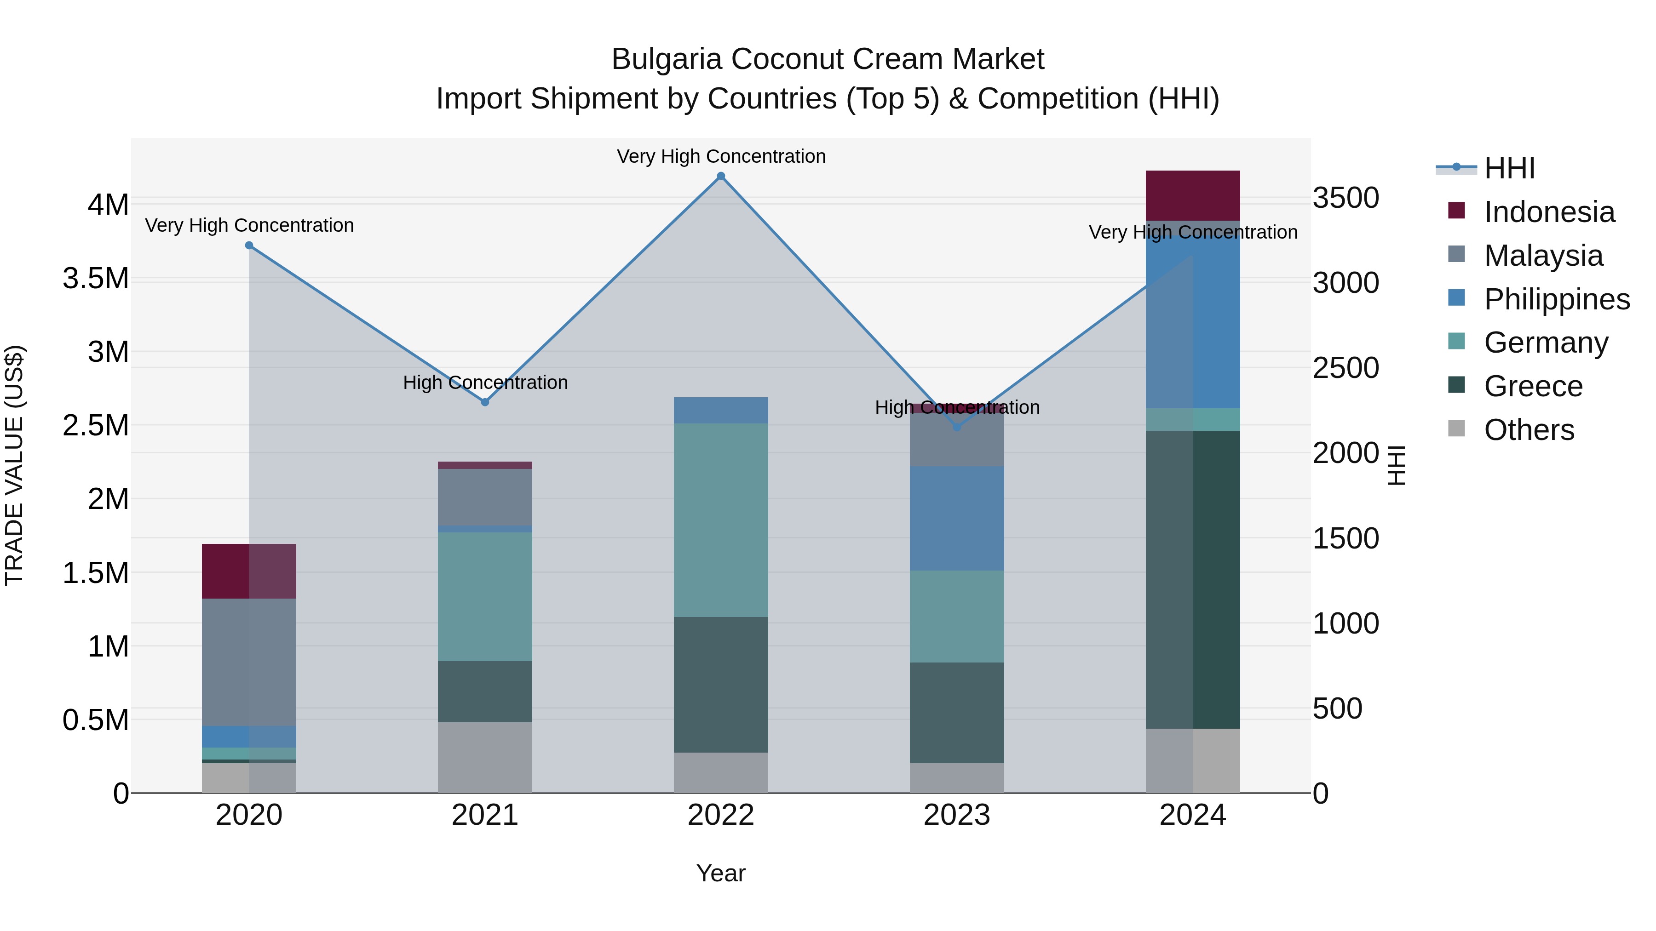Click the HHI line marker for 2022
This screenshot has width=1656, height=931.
pos(721,176)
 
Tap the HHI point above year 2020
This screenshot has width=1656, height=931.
pos(249,246)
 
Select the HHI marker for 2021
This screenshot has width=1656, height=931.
pos(485,402)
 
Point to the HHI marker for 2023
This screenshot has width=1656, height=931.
pos(957,427)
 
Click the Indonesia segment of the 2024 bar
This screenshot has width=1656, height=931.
pos(1192,195)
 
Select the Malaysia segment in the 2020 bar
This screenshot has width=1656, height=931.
pos(249,662)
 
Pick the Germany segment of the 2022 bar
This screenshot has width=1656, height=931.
pos(721,520)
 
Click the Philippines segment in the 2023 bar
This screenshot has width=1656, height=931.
pos(957,518)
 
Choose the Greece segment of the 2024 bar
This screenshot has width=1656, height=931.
pos(1192,579)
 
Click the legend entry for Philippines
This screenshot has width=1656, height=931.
pos(1556,299)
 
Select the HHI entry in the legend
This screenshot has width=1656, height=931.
pos(1509,168)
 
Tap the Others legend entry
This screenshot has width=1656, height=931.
pos(1529,430)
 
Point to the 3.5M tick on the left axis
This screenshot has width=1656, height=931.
pos(96,279)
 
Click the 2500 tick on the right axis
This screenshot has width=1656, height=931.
pos(1345,368)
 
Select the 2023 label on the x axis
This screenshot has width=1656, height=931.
pos(957,815)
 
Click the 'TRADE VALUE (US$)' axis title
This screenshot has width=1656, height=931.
pos(14,465)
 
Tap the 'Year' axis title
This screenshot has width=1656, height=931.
pos(721,873)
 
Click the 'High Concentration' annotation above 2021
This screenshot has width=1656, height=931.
pos(485,383)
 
